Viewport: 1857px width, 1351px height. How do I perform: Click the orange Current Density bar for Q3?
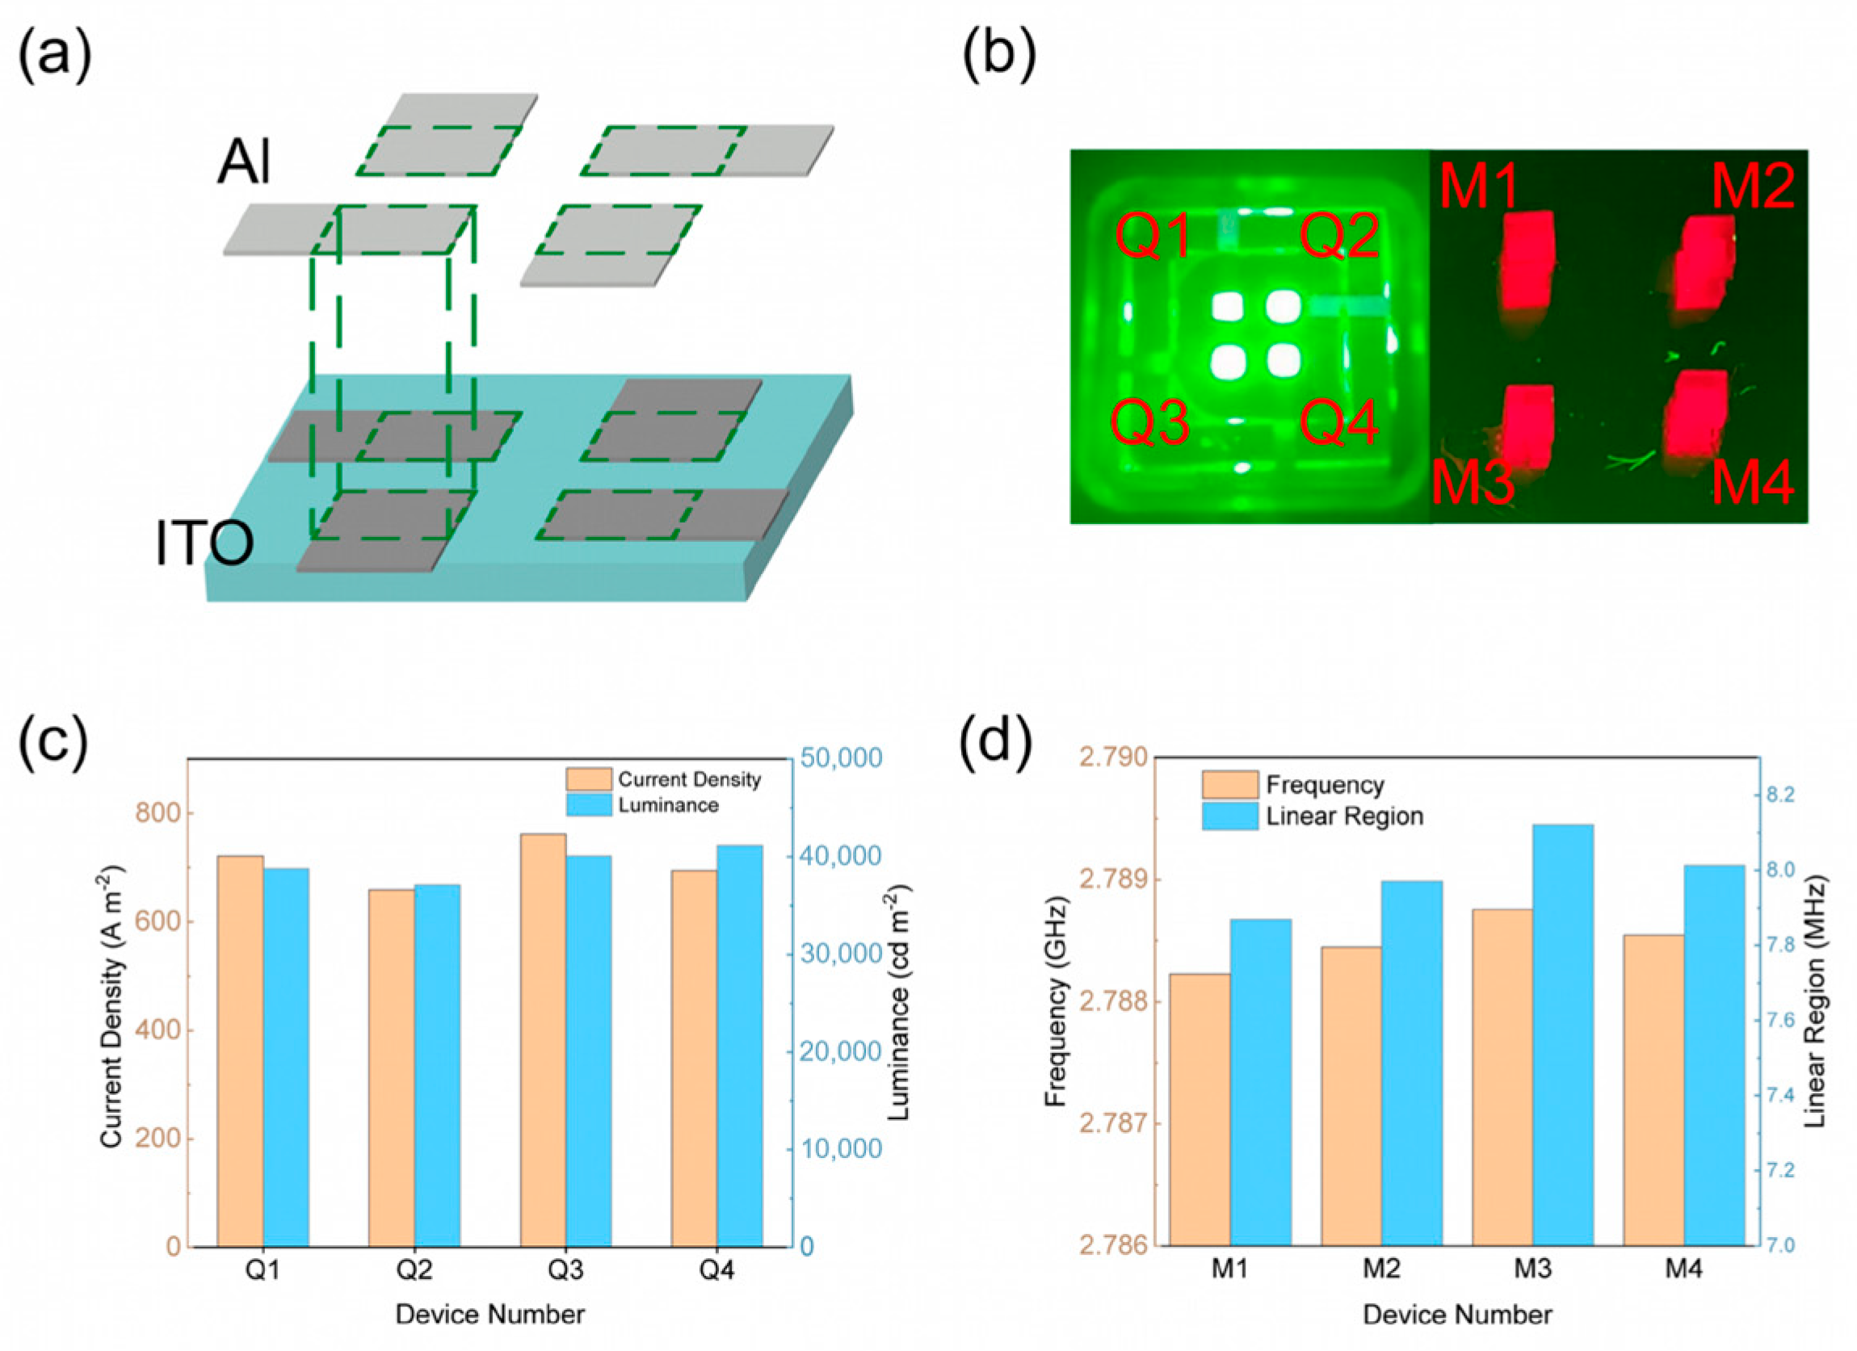pyautogui.click(x=542, y=1040)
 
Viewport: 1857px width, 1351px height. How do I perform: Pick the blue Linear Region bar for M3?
pyautogui.click(x=1563, y=1035)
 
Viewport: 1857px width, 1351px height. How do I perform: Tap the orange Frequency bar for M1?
pyautogui.click(x=1199, y=1110)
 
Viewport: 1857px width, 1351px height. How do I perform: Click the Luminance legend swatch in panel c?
pyautogui.click(x=589, y=805)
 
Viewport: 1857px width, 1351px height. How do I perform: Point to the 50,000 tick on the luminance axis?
pyautogui.click(x=842, y=758)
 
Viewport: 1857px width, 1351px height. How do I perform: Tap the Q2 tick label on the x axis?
pyautogui.click(x=414, y=1271)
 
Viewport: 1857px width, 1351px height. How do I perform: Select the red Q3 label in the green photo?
pyautogui.click(x=1149, y=422)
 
